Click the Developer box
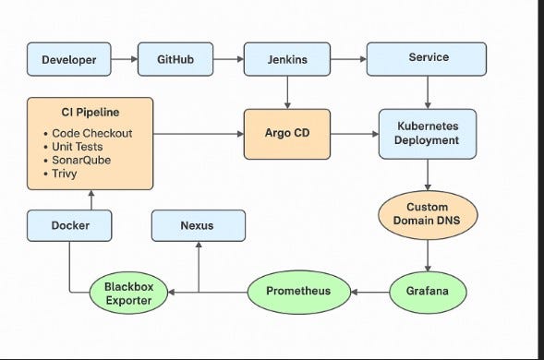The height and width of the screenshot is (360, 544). [69, 59]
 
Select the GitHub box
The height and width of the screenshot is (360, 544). [176, 59]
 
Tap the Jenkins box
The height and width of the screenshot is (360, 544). [288, 59]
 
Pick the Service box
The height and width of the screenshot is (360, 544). [427, 58]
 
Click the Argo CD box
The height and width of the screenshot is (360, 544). [288, 133]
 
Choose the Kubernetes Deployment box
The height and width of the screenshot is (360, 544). [427, 133]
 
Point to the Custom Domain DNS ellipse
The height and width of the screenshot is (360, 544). [427, 214]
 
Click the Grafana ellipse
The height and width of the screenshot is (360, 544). [427, 291]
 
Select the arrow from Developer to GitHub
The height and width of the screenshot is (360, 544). [125, 59]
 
